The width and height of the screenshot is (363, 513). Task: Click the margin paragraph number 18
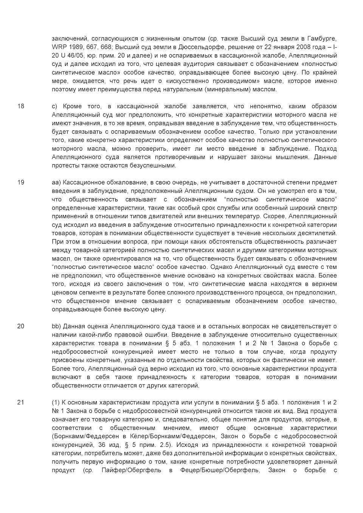(x=21, y=106)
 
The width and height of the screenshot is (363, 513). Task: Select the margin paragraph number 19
(x=21, y=182)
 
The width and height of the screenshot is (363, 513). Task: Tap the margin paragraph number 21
(x=21, y=402)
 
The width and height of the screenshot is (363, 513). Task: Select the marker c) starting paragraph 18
(x=54, y=106)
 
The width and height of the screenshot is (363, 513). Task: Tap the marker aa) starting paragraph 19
(x=56, y=182)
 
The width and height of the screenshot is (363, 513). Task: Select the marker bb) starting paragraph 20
(x=56, y=326)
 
